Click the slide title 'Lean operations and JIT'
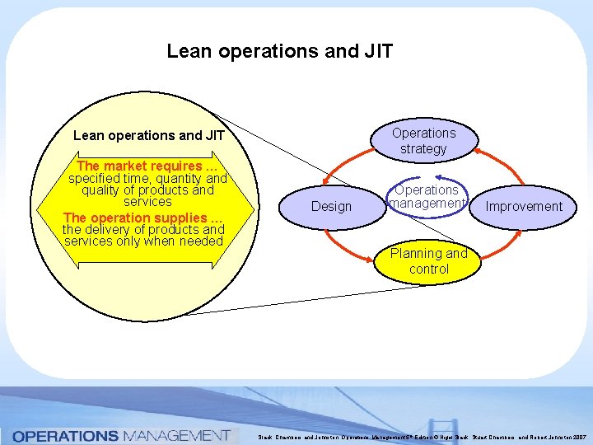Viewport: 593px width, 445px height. tap(279, 51)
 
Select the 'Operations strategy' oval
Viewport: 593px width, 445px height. tap(423, 141)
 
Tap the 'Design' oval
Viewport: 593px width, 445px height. tap(331, 206)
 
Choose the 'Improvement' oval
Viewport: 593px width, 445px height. tap(524, 206)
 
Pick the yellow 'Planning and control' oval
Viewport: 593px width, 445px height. tap(428, 261)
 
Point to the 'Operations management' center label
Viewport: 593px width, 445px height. tap(427, 196)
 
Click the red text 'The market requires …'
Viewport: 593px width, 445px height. tap(147, 166)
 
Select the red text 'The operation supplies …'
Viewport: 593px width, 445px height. tap(142, 218)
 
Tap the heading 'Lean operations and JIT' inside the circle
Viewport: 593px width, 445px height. tap(148, 135)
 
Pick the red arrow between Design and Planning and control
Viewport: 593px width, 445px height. tap(350, 244)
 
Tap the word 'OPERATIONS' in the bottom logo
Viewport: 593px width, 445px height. tap(66, 435)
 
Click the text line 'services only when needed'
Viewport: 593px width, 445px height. tap(143, 241)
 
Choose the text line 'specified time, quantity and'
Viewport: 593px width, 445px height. tap(147, 178)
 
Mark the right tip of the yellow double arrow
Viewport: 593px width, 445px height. tap(254, 209)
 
